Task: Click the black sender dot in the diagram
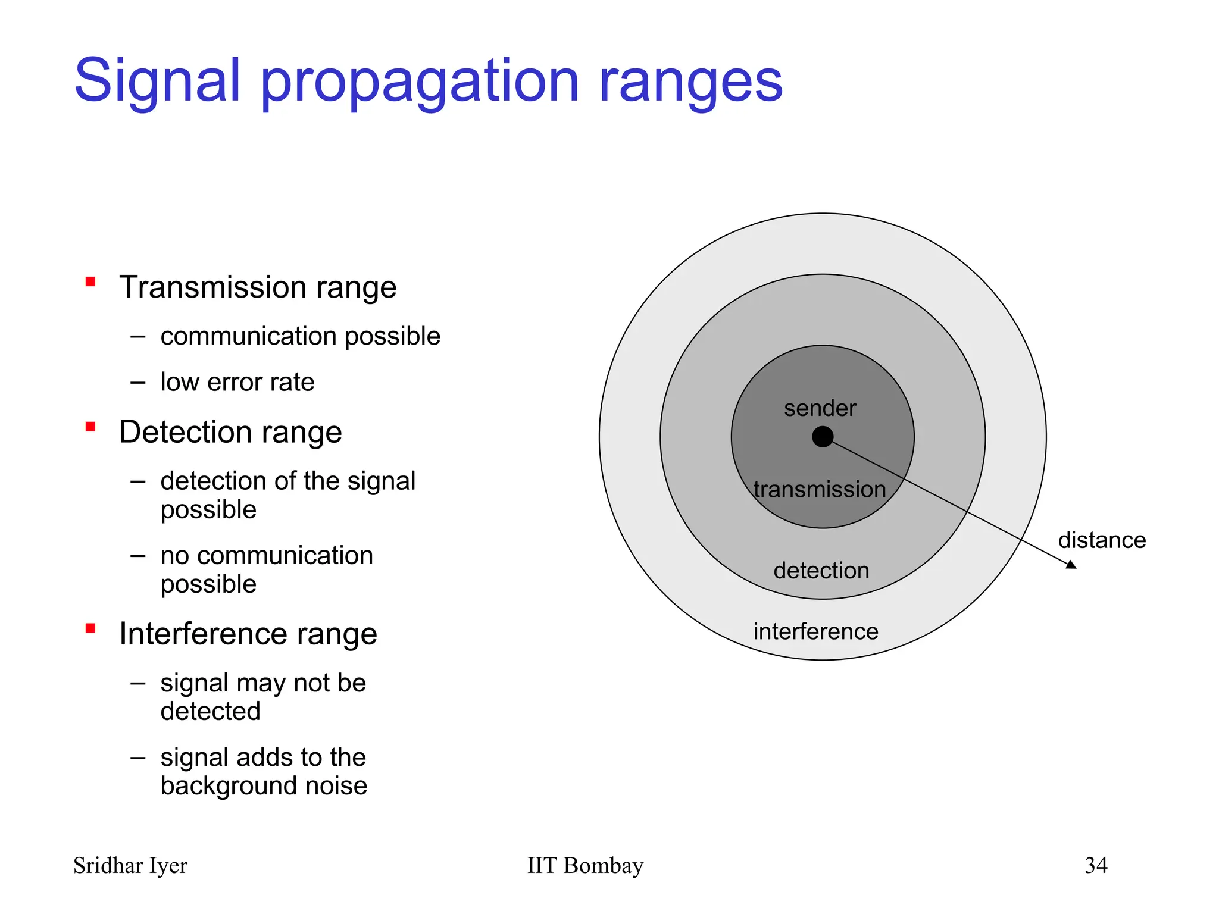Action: pyautogui.click(x=822, y=437)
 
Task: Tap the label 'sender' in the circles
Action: pyautogui.click(x=820, y=408)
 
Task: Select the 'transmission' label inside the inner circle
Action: pyautogui.click(x=819, y=489)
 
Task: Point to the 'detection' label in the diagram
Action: pyautogui.click(x=821, y=570)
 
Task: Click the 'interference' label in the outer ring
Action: pyautogui.click(x=815, y=631)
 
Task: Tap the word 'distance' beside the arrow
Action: pyautogui.click(x=1102, y=540)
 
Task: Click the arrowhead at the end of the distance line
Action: pyautogui.click(x=1071, y=565)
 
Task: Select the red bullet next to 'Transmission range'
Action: pyautogui.click(x=90, y=282)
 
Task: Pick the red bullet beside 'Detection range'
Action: pyautogui.click(x=90, y=427)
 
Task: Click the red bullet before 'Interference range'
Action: pyautogui.click(x=90, y=628)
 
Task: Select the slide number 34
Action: pyautogui.click(x=1096, y=865)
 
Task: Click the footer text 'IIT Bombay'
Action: pyautogui.click(x=585, y=865)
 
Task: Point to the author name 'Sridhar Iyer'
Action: pyautogui.click(x=130, y=865)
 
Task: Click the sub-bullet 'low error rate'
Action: pyautogui.click(x=237, y=381)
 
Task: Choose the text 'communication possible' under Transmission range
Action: pyautogui.click(x=300, y=336)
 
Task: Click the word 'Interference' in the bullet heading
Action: pyautogui.click(x=204, y=633)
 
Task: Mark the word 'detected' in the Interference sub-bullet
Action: pyautogui.click(x=210, y=711)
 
